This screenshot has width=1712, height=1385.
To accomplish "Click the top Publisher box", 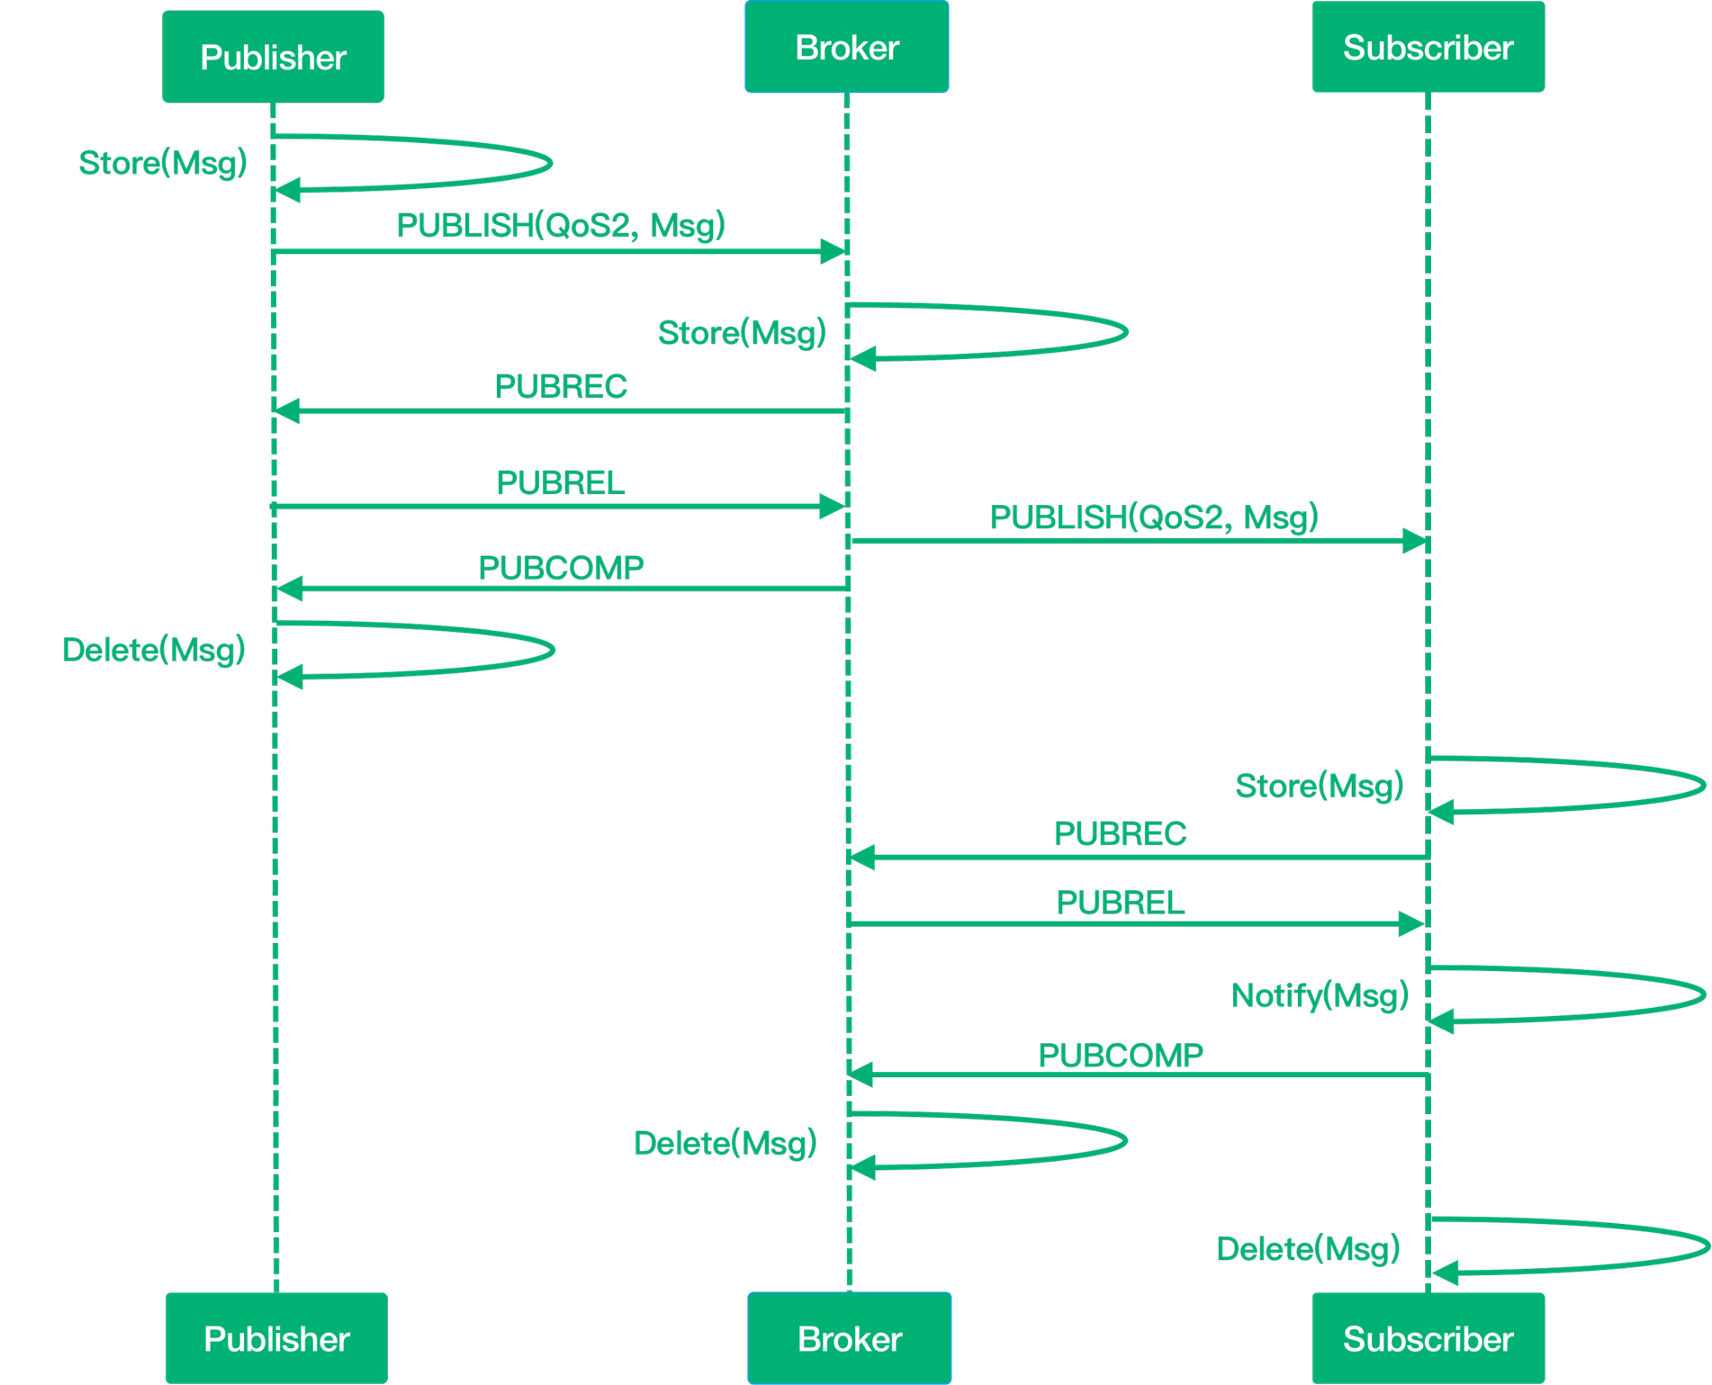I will click(273, 57).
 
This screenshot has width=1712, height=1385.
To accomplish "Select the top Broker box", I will click(847, 47).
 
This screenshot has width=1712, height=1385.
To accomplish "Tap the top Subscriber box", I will click(1428, 47).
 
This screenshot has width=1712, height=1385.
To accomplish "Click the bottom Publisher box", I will click(276, 1338).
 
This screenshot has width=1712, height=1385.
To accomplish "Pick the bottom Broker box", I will click(849, 1338).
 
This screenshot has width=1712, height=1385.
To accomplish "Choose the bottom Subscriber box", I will click(1428, 1338).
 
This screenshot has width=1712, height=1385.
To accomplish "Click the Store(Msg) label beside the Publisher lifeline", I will click(163, 163).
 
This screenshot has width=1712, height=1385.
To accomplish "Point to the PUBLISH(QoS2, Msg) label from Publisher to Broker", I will click(560, 224).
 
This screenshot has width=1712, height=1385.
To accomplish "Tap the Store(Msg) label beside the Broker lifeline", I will click(742, 333).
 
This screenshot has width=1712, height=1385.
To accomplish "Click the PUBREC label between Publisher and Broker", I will click(561, 386).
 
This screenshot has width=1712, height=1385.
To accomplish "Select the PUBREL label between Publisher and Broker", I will click(561, 483).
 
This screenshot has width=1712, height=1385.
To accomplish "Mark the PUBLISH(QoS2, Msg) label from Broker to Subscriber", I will click(1153, 517).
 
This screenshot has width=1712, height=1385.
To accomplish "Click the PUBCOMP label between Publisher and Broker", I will click(561, 568).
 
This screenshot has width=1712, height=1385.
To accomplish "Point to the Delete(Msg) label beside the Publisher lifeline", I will click(154, 650).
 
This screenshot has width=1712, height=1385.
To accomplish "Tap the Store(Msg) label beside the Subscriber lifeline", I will click(1320, 786).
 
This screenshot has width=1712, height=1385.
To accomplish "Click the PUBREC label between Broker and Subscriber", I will click(1121, 833).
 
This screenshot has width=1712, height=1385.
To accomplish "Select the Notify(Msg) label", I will click(1320, 995).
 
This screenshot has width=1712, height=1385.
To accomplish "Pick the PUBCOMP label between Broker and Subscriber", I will click(1121, 1055).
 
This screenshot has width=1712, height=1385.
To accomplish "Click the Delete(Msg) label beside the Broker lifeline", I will click(725, 1143).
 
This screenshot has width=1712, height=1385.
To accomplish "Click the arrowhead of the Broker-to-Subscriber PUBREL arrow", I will click(1411, 924).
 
